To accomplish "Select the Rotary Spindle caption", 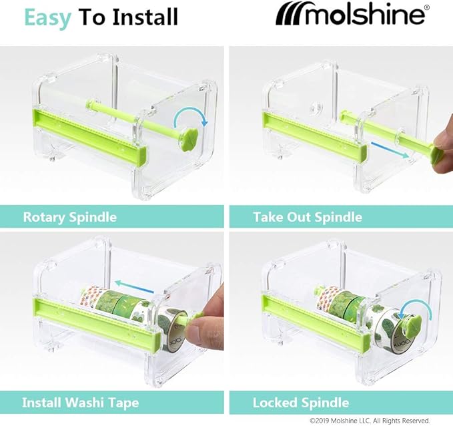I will coord(70,216).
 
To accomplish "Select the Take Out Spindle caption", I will coord(308,216).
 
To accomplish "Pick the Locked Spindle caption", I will coord(301,403).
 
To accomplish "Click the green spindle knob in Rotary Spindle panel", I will coord(188,137).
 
